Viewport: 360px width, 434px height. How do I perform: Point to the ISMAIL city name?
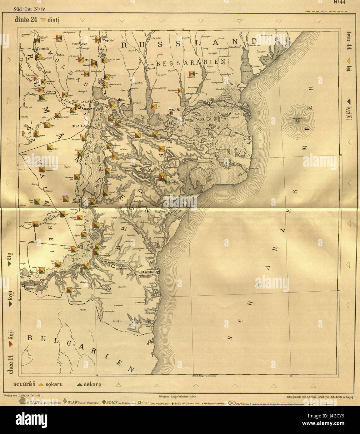coord(174,110)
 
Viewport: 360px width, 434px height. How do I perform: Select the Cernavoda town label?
coord(106,255)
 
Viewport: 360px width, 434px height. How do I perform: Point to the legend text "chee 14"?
coord(11,364)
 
